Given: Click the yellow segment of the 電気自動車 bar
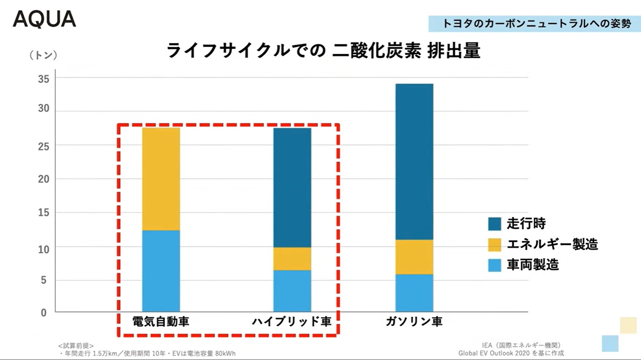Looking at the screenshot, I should point(161,179).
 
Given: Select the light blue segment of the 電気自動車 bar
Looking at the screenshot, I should point(161,271).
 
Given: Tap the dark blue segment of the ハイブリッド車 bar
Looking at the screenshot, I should point(292,187).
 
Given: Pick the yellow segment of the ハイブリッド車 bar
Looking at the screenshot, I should point(292,259).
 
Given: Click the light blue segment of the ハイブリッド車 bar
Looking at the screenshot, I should point(292,291).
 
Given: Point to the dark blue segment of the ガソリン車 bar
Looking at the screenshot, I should point(414,161).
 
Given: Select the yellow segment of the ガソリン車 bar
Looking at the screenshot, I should point(414,257).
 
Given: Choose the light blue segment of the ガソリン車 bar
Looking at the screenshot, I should point(414,293).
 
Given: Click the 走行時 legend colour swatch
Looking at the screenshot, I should point(494,224).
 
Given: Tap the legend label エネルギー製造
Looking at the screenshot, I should point(552,244).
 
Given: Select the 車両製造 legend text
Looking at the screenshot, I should point(533,265).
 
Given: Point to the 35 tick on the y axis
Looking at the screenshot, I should point(44,79).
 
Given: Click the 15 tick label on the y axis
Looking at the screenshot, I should point(44,212).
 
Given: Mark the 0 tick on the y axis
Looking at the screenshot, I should point(44,313).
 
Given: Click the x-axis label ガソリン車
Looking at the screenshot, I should point(414,321).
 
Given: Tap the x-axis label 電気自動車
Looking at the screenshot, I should point(161,321).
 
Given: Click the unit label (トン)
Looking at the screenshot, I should point(43,55).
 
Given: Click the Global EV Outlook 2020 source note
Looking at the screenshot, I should point(511,353).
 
